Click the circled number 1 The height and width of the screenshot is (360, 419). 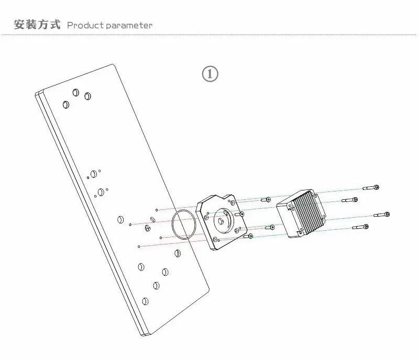click(x=210, y=74)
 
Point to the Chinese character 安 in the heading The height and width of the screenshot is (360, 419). click(x=19, y=25)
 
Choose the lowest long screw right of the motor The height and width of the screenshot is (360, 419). click(x=361, y=227)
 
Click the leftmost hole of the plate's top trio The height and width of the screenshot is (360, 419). click(x=65, y=105)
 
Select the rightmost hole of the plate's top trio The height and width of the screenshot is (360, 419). click(x=87, y=96)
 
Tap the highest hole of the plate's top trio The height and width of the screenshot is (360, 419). click(x=76, y=92)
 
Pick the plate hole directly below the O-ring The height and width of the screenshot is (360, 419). click(x=178, y=254)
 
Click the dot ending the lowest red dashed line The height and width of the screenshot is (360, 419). click(x=138, y=246)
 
